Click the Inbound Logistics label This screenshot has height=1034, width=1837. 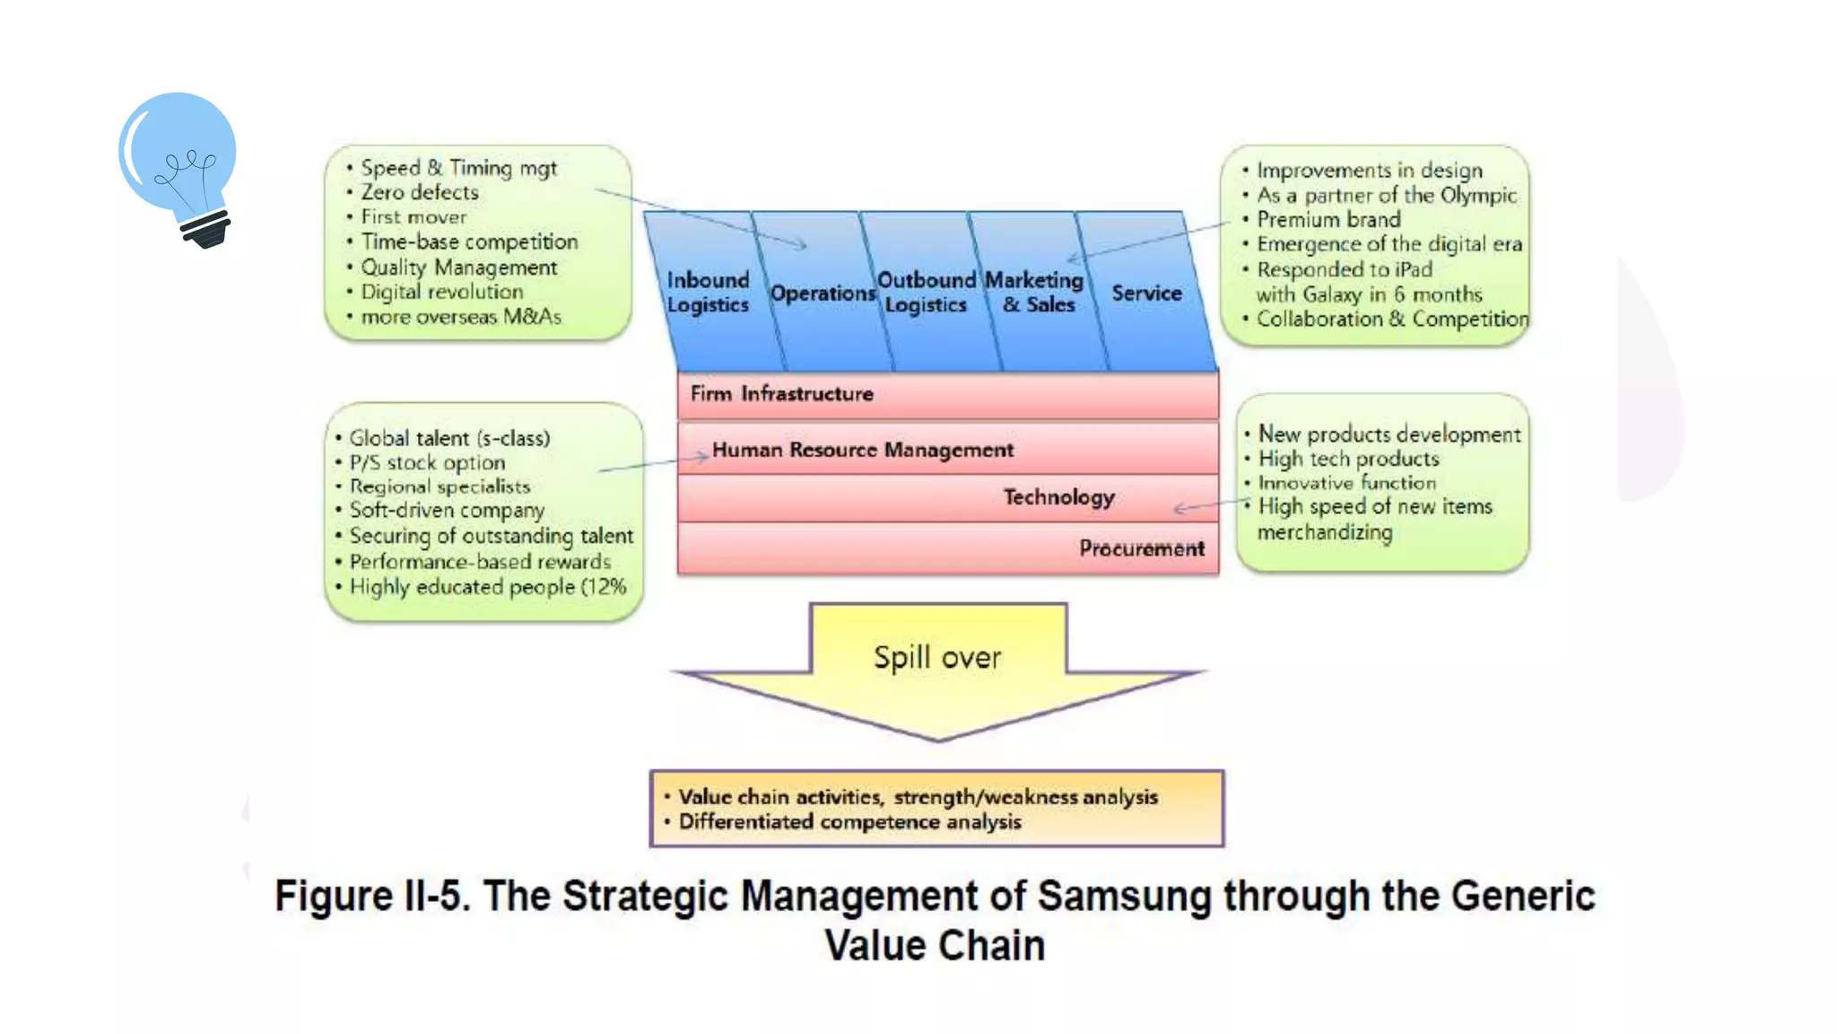pos(708,293)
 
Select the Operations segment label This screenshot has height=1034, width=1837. pos(823,294)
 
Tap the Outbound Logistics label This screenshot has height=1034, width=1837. pos(926,293)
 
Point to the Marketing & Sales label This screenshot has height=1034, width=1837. pos(1035,293)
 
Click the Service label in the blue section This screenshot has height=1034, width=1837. pos(1146,294)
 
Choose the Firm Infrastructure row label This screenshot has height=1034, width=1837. pos(781,394)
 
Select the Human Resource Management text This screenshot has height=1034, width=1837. pos(862,450)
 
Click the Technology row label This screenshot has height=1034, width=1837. pos(1058,497)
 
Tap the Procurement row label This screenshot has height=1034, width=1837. pos(1141,548)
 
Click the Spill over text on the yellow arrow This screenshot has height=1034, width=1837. pos(937,658)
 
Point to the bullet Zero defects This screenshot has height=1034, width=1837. pos(420,192)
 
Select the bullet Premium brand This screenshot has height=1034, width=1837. pos(1328,220)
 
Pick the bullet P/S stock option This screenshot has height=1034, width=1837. pos(427,463)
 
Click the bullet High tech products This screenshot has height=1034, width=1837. pos(1348,459)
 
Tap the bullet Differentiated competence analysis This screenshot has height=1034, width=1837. pos(849,822)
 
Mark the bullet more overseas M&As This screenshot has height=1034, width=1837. pos(460,317)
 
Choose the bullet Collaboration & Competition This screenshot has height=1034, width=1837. pos(1391,320)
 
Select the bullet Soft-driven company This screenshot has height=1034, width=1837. pos(447,510)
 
